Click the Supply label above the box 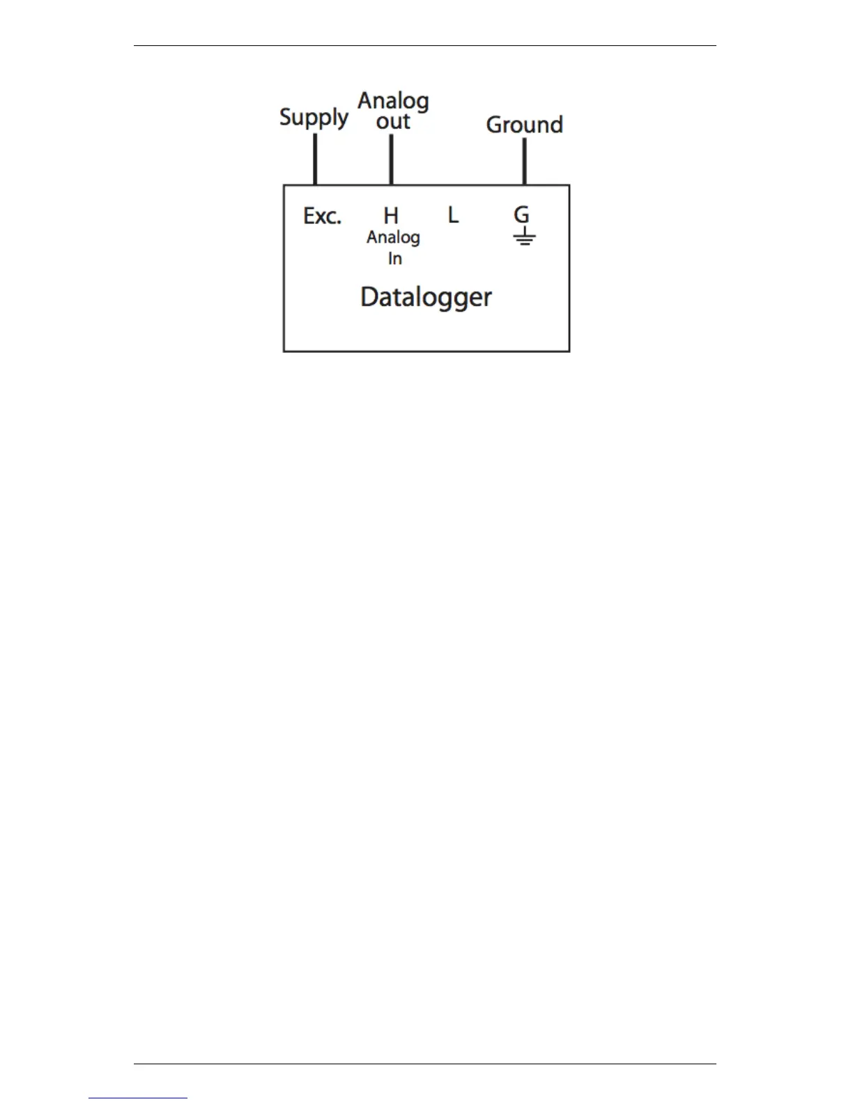point(314,117)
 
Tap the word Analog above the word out point(393,102)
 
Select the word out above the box point(393,121)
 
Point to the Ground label point(524,125)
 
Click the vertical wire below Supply point(315,160)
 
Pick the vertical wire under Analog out point(391,160)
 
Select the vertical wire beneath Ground point(524,162)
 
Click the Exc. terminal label point(322,216)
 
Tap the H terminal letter point(391,215)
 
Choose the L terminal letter point(453,215)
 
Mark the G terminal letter point(521,215)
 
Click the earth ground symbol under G point(524,238)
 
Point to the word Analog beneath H point(393,238)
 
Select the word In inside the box point(394,259)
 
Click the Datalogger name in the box point(426,298)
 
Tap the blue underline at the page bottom point(138,1098)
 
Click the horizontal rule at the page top point(425,46)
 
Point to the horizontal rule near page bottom point(425,1064)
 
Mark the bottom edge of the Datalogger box point(426,351)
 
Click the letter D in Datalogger point(369,297)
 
